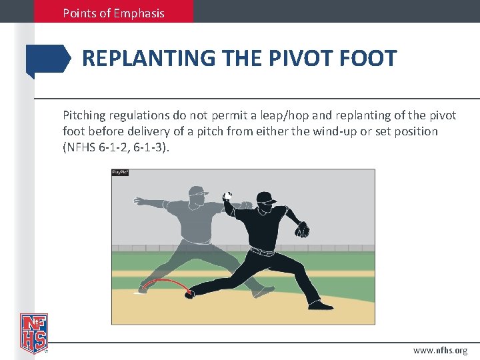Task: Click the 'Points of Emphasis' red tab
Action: (113, 13)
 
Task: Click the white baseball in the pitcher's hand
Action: (227, 196)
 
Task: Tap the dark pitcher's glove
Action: (303, 229)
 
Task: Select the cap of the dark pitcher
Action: (265, 197)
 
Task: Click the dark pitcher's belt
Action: (262, 252)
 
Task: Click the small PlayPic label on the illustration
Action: (120, 173)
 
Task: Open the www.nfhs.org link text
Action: (440, 350)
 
